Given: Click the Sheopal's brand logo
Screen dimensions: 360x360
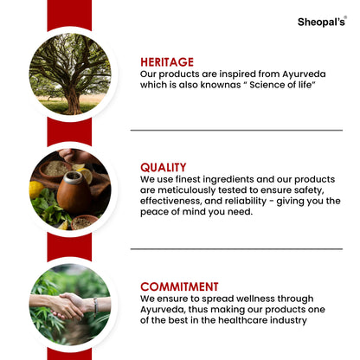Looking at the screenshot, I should click(321, 21).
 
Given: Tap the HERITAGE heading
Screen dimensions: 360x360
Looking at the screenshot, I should click(166, 61).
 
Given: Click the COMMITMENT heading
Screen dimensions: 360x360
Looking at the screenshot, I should click(179, 286).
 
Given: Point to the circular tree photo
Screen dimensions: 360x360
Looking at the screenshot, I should click(70, 74).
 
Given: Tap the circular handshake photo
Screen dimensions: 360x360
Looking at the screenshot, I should click(70, 304).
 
